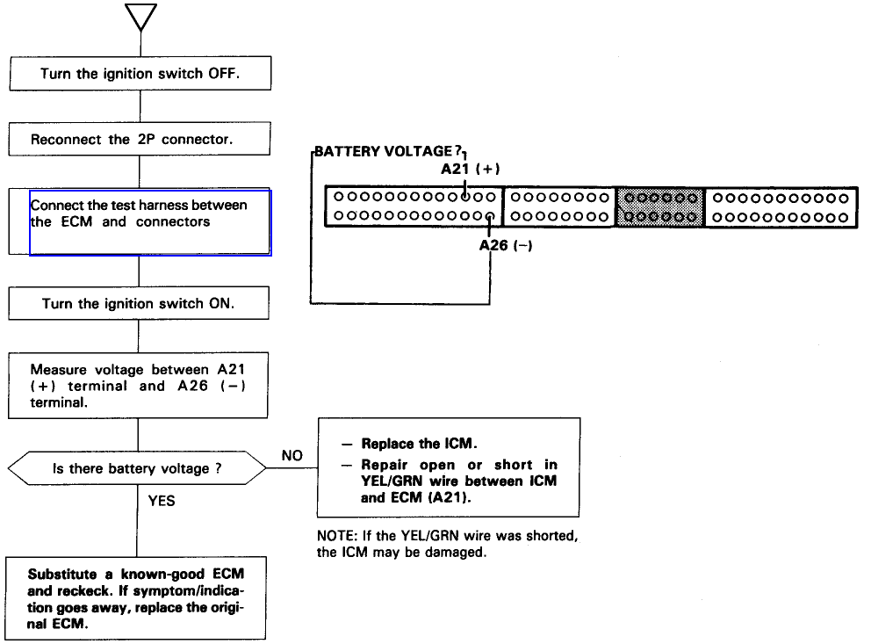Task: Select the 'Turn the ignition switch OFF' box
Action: click(x=140, y=74)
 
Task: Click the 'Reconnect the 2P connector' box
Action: click(x=140, y=140)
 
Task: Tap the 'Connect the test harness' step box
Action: click(x=149, y=222)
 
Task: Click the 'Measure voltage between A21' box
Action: click(x=138, y=386)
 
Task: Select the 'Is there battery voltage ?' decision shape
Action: click(x=137, y=468)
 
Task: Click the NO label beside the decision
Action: click(x=292, y=456)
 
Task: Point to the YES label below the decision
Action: click(x=162, y=500)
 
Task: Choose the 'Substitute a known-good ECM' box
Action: click(x=137, y=597)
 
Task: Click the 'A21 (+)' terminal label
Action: click(x=471, y=169)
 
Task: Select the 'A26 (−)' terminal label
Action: click(x=506, y=246)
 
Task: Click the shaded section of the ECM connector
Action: click(x=659, y=206)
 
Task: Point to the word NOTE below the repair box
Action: click(x=334, y=536)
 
